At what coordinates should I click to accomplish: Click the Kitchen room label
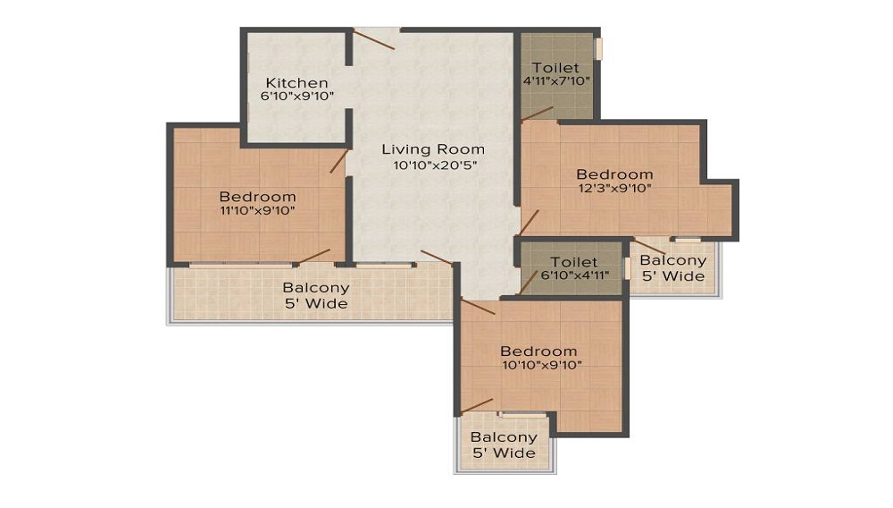pyautogui.click(x=296, y=82)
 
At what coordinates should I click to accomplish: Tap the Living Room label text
pyautogui.click(x=433, y=149)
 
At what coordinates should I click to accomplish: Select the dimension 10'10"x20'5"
pyautogui.click(x=435, y=165)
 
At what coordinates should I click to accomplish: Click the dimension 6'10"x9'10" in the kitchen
pyautogui.click(x=297, y=97)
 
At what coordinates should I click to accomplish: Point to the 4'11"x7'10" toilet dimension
pyautogui.click(x=555, y=81)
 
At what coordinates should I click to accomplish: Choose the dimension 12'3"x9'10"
pyautogui.click(x=614, y=188)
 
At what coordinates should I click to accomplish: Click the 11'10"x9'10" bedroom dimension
pyautogui.click(x=257, y=210)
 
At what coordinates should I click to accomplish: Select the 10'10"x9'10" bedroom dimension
pyautogui.click(x=542, y=365)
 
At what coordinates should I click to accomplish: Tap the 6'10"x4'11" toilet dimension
pyautogui.click(x=574, y=275)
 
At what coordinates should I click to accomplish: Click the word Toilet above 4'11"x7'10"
pyautogui.click(x=555, y=67)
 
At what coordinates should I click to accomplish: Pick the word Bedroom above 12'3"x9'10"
pyautogui.click(x=614, y=174)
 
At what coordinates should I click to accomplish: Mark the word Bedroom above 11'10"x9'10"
pyautogui.click(x=257, y=197)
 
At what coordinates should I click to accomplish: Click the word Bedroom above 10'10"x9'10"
pyautogui.click(x=538, y=351)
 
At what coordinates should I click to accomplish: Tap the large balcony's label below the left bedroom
pyautogui.click(x=316, y=295)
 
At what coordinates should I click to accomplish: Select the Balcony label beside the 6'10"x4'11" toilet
pyautogui.click(x=673, y=268)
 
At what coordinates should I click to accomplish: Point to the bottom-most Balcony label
pyautogui.click(x=504, y=445)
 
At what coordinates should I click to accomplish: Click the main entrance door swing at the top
pyautogui.click(x=373, y=39)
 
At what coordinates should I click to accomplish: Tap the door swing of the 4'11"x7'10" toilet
pyautogui.click(x=537, y=114)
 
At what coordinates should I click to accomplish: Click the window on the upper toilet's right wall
pyautogui.click(x=598, y=48)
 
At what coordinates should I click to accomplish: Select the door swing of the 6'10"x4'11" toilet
pyautogui.click(x=529, y=282)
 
